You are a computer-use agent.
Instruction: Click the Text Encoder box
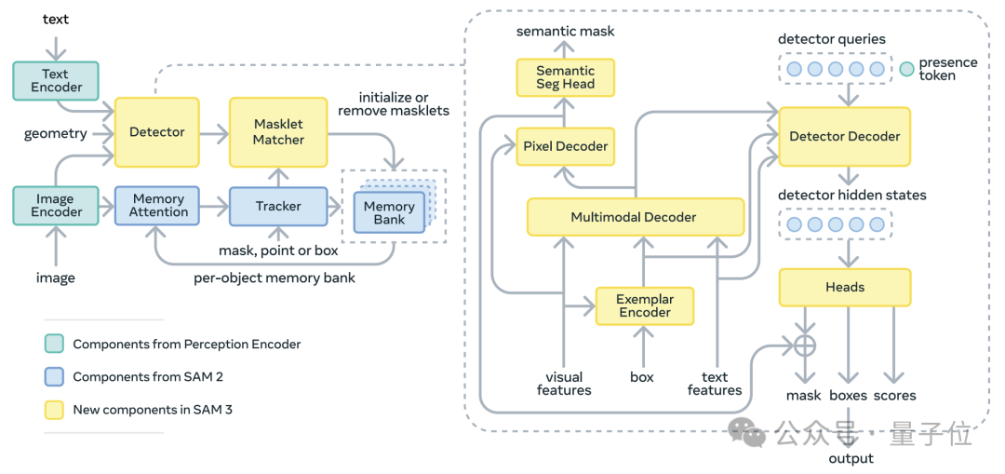[x=56, y=80]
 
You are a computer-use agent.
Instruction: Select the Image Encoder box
[x=56, y=206]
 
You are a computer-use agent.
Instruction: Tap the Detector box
[x=156, y=132]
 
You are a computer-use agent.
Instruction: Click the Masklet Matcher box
[x=278, y=132]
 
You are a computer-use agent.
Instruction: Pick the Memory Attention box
[x=158, y=206]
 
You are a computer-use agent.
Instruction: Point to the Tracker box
[x=278, y=206]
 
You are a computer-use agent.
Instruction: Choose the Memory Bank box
[x=388, y=212]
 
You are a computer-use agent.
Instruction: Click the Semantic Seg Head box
[x=565, y=77]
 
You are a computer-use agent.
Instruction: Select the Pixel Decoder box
[x=565, y=146]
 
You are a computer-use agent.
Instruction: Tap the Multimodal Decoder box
[x=635, y=217]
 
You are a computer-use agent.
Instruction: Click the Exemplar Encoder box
[x=644, y=305]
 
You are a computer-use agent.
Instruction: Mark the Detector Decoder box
[x=844, y=136]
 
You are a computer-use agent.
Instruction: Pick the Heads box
[x=844, y=287]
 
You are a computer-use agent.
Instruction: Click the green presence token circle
[x=906, y=69]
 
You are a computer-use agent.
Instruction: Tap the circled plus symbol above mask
[x=804, y=345]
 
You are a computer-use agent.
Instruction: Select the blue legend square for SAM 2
[x=54, y=377]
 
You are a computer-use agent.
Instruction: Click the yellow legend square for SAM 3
[x=54, y=410]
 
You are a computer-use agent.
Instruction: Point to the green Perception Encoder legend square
[x=54, y=345]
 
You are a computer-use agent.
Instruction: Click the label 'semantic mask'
[x=565, y=32]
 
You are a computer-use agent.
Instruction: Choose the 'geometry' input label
[x=56, y=133]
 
